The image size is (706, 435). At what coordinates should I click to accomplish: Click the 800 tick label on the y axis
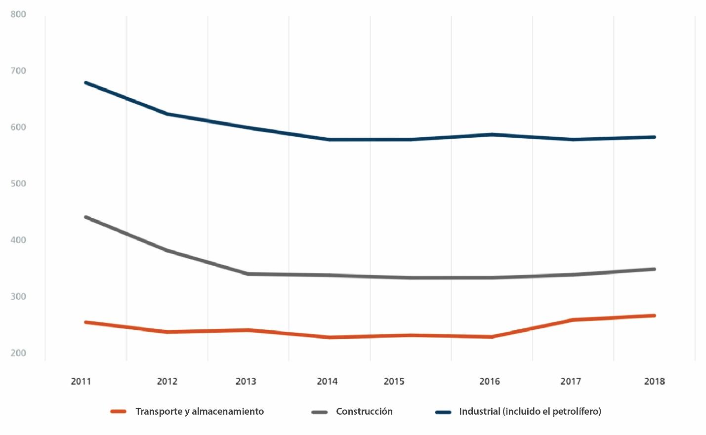pyautogui.click(x=18, y=14)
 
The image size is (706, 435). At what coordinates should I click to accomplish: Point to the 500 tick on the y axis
pyautogui.click(x=18, y=184)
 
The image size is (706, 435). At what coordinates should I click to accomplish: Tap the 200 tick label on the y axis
pyautogui.click(x=18, y=353)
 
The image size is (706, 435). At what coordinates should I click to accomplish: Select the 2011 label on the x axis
pyautogui.click(x=81, y=381)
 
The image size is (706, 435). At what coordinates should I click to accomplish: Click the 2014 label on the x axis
pyautogui.click(x=327, y=381)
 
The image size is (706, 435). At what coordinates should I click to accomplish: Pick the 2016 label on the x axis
pyautogui.click(x=490, y=381)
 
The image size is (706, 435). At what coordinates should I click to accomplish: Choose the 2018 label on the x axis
pyautogui.click(x=654, y=381)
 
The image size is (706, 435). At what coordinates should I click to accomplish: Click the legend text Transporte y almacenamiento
pyautogui.click(x=200, y=411)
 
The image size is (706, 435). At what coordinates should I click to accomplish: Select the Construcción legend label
pyautogui.click(x=364, y=411)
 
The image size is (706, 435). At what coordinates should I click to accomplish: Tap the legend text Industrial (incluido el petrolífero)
pyautogui.click(x=530, y=411)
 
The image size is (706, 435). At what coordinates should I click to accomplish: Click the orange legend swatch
pyautogui.click(x=119, y=411)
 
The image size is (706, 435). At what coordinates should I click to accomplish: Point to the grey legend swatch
pyautogui.click(x=320, y=412)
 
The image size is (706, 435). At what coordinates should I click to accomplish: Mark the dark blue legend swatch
pyautogui.click(x=443, y=412)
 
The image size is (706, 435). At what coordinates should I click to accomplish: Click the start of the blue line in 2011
pyautogui.click(x=86, y=82)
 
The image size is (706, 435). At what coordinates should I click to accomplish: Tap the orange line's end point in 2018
pyautogui.click(x=654, y=316)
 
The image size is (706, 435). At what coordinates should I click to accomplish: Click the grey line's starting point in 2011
pyautogui.click(x=86, y=217)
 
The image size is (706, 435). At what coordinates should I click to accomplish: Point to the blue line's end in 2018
pyautogui.click(x=654, y=137)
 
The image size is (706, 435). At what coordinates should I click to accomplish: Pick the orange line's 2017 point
pyautogui.click(x=573, y=320)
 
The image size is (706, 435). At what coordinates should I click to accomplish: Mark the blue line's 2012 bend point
pyautogui.click(x=167, y=114)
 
